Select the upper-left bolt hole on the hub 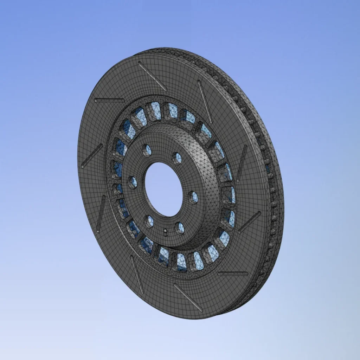[147, 150]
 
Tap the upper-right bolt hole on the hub [177, 158]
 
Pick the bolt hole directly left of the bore [133, 182]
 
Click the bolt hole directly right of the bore [193, 197]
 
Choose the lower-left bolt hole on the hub [149, 221]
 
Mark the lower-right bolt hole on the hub [180, 228]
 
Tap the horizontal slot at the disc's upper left [110, 101]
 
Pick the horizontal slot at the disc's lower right [233, 273]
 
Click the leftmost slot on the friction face [92, 155]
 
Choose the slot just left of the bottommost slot [137, 274]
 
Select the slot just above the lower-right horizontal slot [249, 222]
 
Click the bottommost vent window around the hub [181, 262]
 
